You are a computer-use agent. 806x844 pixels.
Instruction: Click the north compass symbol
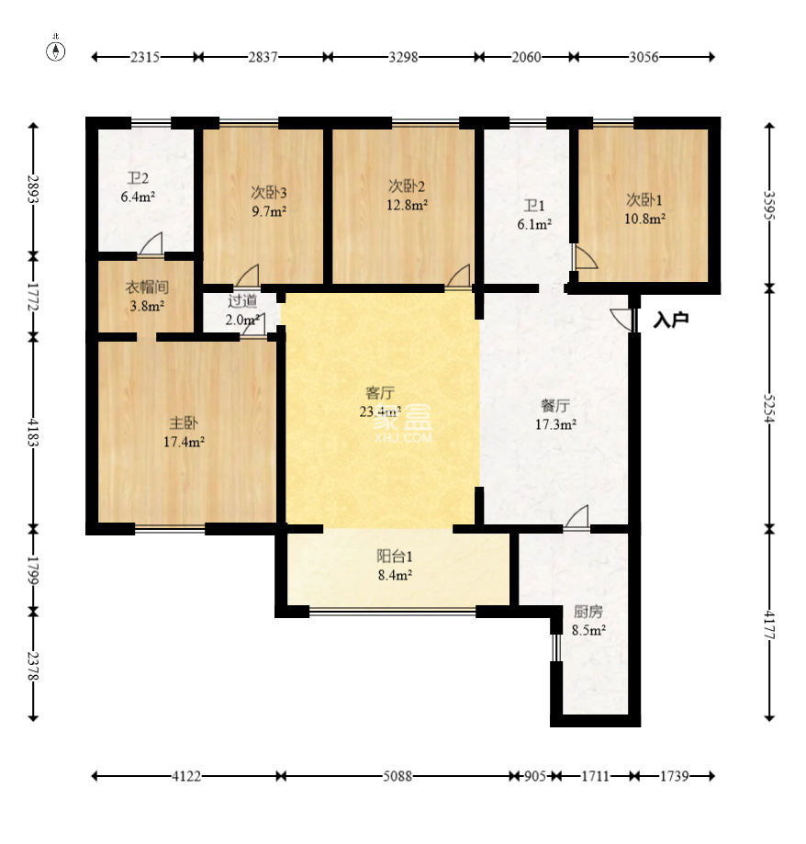(55, 51)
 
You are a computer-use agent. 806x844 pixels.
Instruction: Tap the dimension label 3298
(403, 57)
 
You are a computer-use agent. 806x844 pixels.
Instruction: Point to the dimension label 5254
(769, 408)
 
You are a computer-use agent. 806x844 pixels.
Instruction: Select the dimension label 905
(534, 776)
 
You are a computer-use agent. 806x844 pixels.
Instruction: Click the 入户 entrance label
(671, 321)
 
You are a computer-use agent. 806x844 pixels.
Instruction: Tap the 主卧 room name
(184, 422)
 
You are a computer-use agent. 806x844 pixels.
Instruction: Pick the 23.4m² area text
(380, 411)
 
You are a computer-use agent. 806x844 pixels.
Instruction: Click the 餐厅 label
(555, 405)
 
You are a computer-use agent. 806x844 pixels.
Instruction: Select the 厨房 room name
(588, 612)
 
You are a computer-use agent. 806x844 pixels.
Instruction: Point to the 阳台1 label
(395, 556)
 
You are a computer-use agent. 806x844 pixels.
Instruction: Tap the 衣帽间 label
(147, 287)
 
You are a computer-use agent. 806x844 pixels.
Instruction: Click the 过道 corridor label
(242, 301)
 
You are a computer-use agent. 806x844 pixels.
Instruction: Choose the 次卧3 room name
(268, 192)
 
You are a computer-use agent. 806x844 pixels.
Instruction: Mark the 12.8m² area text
(407, 205)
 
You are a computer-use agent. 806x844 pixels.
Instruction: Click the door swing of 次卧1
(586, 257)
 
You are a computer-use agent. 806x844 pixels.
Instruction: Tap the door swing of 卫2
(151, 243)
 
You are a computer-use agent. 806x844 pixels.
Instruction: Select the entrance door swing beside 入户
(622, 320)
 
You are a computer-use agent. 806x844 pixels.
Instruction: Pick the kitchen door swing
(577, 517)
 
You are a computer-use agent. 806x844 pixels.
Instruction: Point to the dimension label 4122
(186, 776)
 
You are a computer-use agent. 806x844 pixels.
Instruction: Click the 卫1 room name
(534, 206)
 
